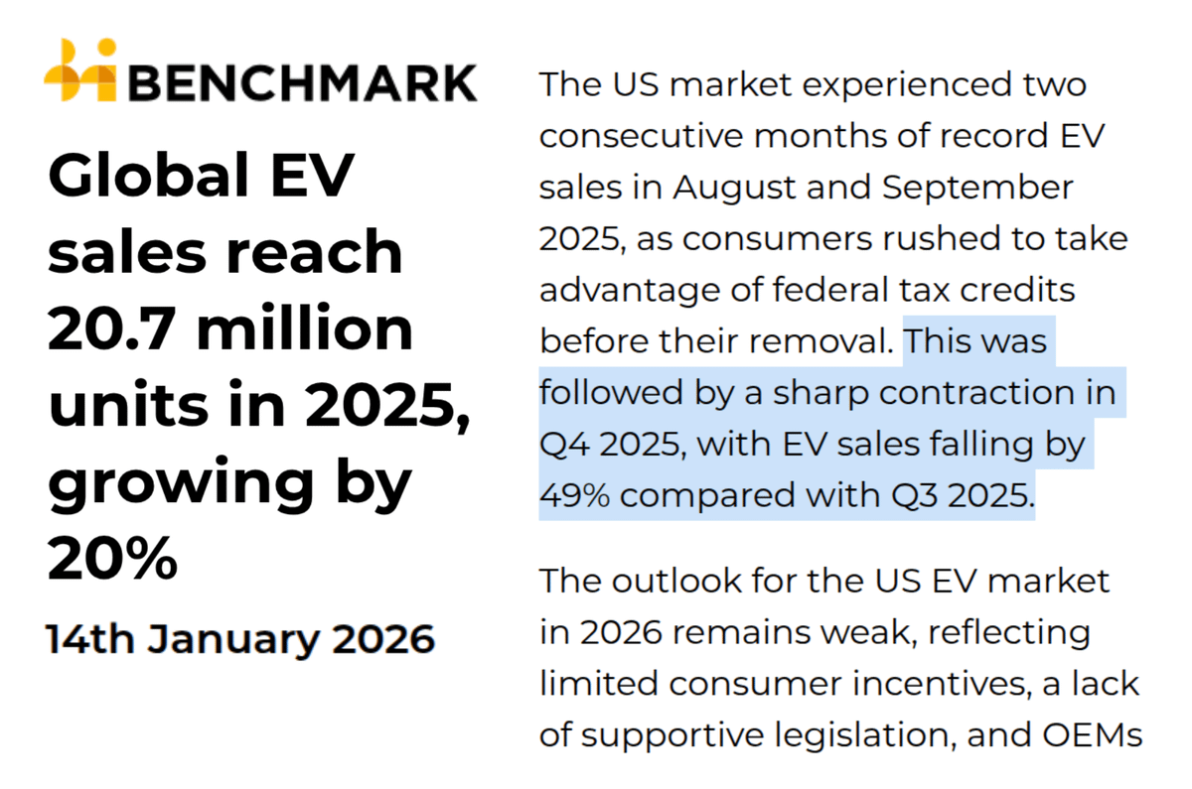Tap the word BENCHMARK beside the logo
(x=302, y=80)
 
